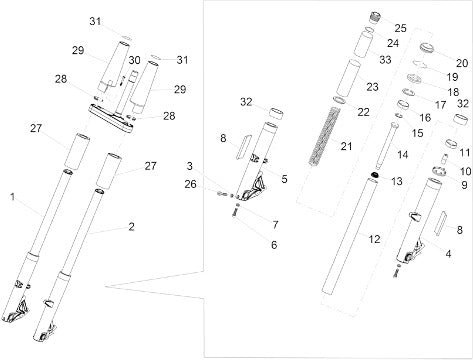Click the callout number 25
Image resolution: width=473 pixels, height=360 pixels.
pos(400,28)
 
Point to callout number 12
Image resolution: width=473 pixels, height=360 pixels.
pos(374,239)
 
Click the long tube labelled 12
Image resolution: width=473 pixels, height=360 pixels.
pos(350,237)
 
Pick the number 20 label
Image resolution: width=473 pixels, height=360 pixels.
pos(462,63)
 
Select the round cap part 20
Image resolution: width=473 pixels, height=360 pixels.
pos(427,47)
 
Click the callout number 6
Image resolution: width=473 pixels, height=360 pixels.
pos(274,245)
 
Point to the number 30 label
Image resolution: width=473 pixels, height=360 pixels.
pos(135,60)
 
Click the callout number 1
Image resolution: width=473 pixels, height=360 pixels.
pos(12,197)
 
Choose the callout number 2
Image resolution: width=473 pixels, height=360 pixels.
pos(132,227)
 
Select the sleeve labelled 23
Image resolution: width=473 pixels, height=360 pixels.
pos(348,79)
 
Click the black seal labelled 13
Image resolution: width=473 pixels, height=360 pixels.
pos(375,175)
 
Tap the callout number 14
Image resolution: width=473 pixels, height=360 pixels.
pos(403,155)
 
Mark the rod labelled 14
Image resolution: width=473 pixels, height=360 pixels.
pos(386,146)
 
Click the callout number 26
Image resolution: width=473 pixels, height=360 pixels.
pos(191,184)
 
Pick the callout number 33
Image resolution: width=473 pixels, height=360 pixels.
pos(385,60)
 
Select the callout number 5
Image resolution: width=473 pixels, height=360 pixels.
pos(284,179)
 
